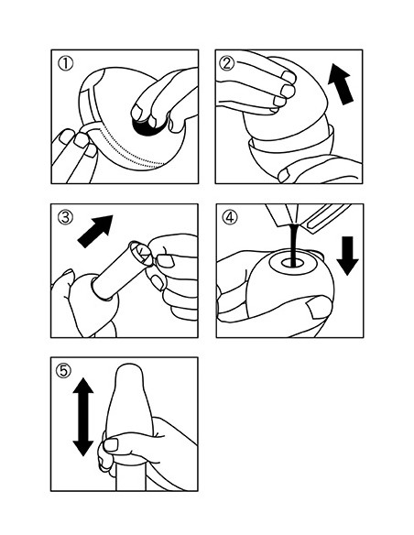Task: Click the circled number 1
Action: pos(65,64)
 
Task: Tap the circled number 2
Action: pos(227,63)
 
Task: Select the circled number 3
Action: pos(65,217)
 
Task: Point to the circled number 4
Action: pos(230,217)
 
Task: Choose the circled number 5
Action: pos(63,370)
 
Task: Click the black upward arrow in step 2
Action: pos(341,85)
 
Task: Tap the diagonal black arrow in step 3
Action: pos(95,232)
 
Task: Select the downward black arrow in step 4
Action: pos(347,256)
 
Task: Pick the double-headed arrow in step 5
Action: pos(83,417)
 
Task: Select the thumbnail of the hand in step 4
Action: pos(319,306)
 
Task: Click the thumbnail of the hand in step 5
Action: pos(111,445)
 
